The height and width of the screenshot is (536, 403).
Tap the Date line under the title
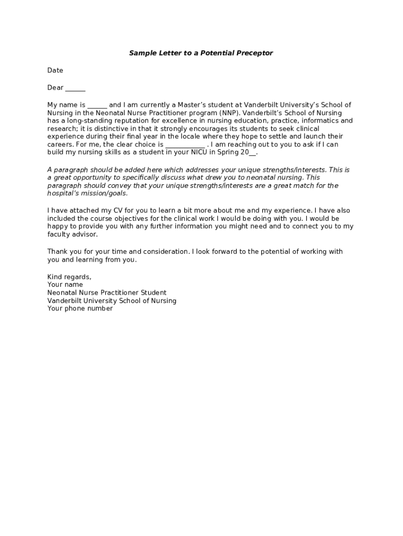[x=55, y=71]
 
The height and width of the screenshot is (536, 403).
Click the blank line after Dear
[x=75, y=88]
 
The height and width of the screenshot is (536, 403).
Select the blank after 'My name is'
[x=97, y=105]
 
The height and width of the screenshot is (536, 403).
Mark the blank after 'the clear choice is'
[x=185, y=145]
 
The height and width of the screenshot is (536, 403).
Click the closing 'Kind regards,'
[x=69, y=277]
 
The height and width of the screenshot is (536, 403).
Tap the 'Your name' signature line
[x=65, y=285]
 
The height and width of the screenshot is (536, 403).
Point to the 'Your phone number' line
[x=80, y=309]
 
